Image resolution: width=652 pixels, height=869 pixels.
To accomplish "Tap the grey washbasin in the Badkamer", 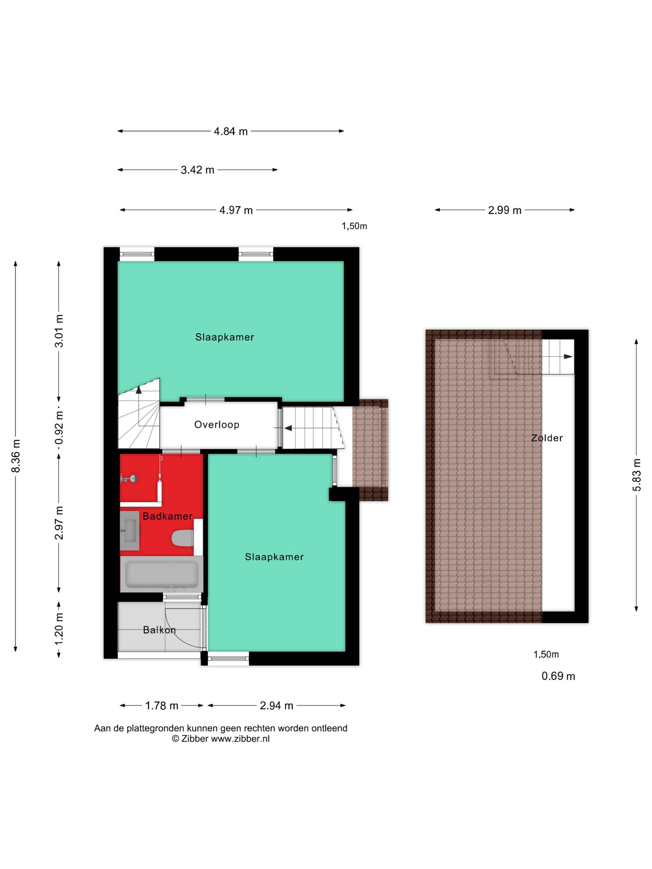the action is pos(130,530).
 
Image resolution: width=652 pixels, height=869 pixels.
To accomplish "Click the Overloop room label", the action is pos(216,424).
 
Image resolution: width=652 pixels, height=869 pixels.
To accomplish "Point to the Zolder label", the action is pos(547,438).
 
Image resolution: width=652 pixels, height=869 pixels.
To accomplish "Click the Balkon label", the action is pos(159,630).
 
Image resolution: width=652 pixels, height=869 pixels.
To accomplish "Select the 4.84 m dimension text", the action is pos(231,131).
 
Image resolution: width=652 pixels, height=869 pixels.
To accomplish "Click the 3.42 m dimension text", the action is pos(197,170).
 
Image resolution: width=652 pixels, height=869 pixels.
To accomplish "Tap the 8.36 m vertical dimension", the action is pos(16,456).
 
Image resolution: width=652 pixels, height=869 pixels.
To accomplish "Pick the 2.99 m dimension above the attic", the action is pos(505,210).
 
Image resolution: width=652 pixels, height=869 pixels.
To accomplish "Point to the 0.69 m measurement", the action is pos(558,676).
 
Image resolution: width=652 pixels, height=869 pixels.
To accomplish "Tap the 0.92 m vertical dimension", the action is pos(59,427).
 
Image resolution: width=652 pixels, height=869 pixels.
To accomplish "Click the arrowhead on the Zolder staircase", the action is pos(568,357).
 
